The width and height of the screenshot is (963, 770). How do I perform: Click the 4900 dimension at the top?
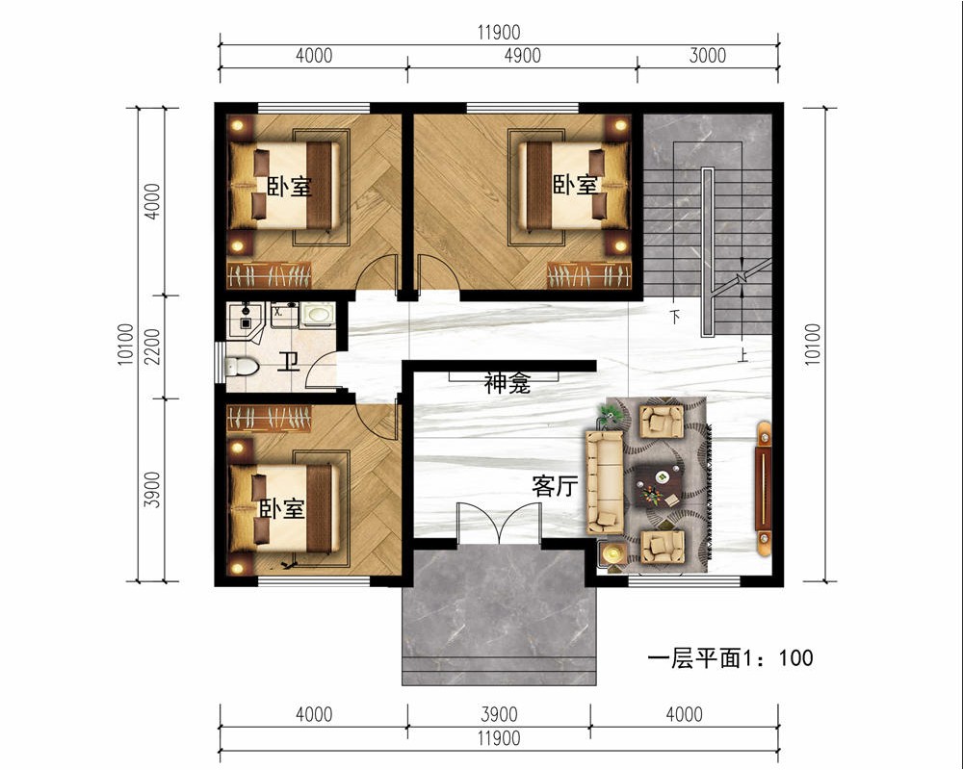tap(522, 55)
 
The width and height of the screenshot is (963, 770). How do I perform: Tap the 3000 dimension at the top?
tap(708, 55)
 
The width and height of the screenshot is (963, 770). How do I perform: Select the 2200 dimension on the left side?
tap(153, 346)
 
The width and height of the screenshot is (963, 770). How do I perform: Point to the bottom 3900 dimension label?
tap(499, 714)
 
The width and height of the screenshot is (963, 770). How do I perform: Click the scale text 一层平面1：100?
tap(730, 658)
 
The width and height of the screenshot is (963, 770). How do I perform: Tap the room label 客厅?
tap(556, 486)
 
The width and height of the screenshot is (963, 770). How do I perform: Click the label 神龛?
tap(508, 384)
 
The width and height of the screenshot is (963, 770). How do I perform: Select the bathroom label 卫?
tap(288, 362)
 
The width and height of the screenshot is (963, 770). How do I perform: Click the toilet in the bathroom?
tap(242, 367)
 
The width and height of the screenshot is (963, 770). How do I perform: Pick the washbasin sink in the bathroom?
tap(318, 315)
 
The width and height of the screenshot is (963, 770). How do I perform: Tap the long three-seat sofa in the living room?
tap(605, 482)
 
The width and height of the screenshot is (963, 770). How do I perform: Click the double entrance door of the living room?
tap(499, 524)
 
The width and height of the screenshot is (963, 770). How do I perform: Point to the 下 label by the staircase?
tap(675, 317)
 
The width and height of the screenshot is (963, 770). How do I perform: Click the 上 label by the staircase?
tap(743, 355)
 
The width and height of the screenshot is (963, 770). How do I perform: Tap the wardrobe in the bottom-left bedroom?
tap(269, 419)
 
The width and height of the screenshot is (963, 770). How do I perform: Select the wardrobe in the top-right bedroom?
tap(589, 275)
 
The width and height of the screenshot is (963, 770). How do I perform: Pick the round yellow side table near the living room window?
tap(612, 553)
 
